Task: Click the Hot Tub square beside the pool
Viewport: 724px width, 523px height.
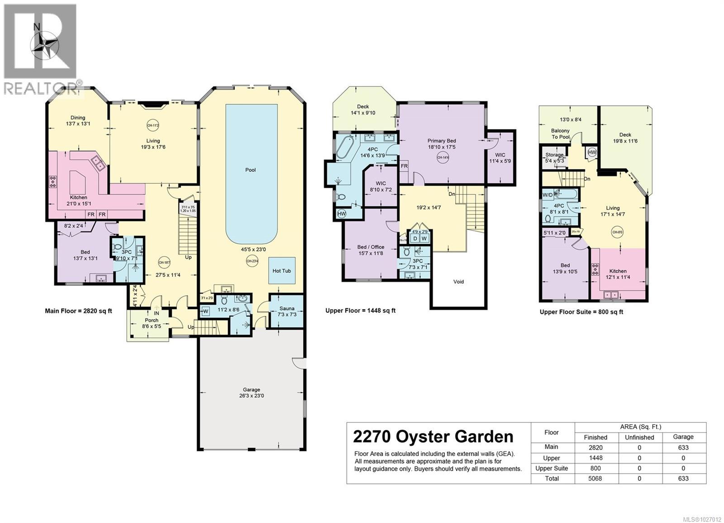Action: [x=281, y=271]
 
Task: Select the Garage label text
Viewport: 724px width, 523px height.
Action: [x=251, y=389]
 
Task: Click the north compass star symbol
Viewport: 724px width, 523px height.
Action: [x=44, y=45]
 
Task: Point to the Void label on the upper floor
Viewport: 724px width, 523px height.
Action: [x=458, y=282]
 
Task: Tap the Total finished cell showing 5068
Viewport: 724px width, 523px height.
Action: [x=595, y=479]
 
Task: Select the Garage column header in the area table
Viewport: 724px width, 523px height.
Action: [x=683, y=437]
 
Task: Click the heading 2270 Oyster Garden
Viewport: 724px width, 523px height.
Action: [x=433, y=437]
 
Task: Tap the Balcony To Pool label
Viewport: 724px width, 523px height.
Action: [x=560, y=134]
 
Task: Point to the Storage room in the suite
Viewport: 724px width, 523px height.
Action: [x=554, y=157]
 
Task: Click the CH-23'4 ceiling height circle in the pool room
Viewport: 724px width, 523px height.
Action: [x=252, y=261]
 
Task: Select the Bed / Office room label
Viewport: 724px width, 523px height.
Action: [x=371, y=247]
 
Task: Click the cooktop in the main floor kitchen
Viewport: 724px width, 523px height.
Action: [x=53, y=181]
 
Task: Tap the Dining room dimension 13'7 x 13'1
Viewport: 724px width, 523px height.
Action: [x=78, y=123]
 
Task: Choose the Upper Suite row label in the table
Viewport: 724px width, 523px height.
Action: [x=552, y=468]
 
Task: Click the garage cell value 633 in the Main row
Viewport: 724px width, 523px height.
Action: [x=683, y=447]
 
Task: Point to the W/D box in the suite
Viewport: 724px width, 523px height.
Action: [x=547, y=195]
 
